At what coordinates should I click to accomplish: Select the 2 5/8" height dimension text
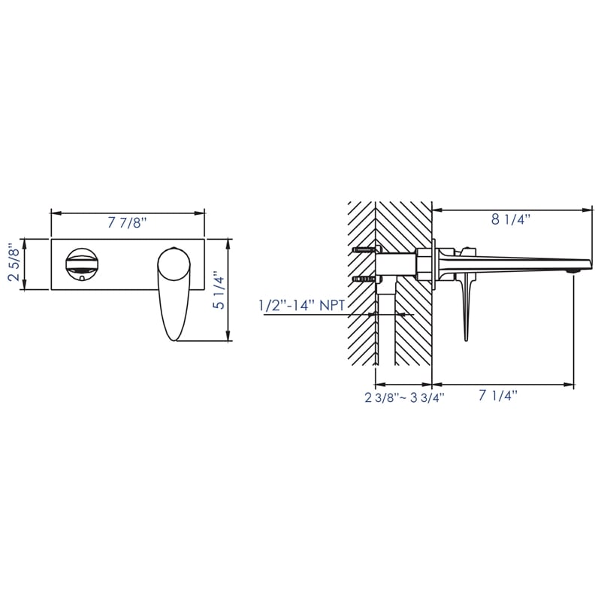point(13,264)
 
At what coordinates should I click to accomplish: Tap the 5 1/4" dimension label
point(218,291)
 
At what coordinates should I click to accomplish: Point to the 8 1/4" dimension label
point(511,219)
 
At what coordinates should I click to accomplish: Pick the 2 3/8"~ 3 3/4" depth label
point(405,398)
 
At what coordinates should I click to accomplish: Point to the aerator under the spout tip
point(574,269)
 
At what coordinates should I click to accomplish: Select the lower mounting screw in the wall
point(363,279)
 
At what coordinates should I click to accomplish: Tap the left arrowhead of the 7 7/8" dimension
point(53,214)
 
